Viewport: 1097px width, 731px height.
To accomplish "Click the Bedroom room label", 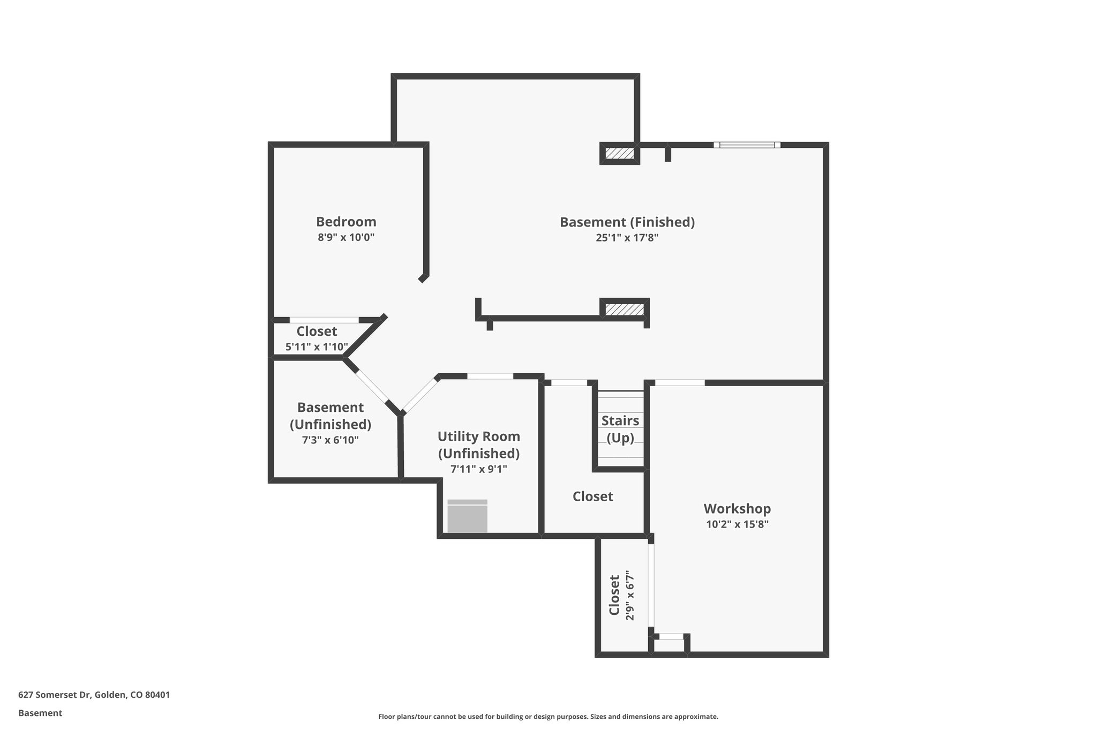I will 346,222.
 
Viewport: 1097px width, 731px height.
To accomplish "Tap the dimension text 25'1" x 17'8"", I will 627,238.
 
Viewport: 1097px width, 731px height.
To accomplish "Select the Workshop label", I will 737,508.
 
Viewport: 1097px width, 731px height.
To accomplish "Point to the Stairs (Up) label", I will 620,429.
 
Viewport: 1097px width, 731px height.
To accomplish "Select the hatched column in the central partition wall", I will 624,310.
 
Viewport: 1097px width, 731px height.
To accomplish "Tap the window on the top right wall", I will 747,145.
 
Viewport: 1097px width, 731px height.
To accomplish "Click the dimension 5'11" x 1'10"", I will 317,347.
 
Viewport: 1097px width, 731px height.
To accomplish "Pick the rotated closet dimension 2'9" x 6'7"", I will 630,598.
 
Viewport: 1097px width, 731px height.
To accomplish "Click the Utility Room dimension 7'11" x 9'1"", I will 478,469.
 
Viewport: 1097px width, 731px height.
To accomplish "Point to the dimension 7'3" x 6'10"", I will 330,440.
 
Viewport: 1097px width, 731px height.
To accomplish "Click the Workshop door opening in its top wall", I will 679,382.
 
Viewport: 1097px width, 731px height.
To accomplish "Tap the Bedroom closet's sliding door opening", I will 324,320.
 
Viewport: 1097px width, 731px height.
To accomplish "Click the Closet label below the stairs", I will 592,496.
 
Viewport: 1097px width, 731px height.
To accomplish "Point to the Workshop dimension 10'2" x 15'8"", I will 737,524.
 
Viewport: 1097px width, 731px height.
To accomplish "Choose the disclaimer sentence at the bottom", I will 548,717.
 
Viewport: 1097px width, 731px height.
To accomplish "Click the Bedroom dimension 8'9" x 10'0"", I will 346,238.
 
